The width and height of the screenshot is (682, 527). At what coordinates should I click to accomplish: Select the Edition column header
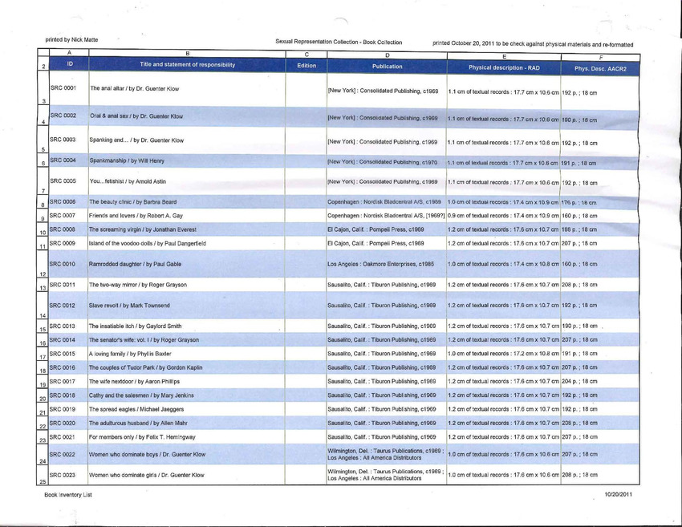[306, 65]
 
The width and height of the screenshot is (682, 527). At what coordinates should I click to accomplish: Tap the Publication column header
[388, 67]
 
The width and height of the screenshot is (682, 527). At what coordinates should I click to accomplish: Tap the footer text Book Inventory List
[68, 495]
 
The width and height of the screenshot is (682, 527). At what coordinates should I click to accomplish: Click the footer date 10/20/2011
[619, 495]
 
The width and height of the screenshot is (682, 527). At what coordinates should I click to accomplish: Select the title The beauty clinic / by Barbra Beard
[132, 201]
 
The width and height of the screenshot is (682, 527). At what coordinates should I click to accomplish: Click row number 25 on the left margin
[43, 480]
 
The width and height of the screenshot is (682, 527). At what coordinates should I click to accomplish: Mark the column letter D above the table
[388, 54]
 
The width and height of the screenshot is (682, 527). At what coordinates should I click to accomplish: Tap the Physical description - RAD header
[502, 67]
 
